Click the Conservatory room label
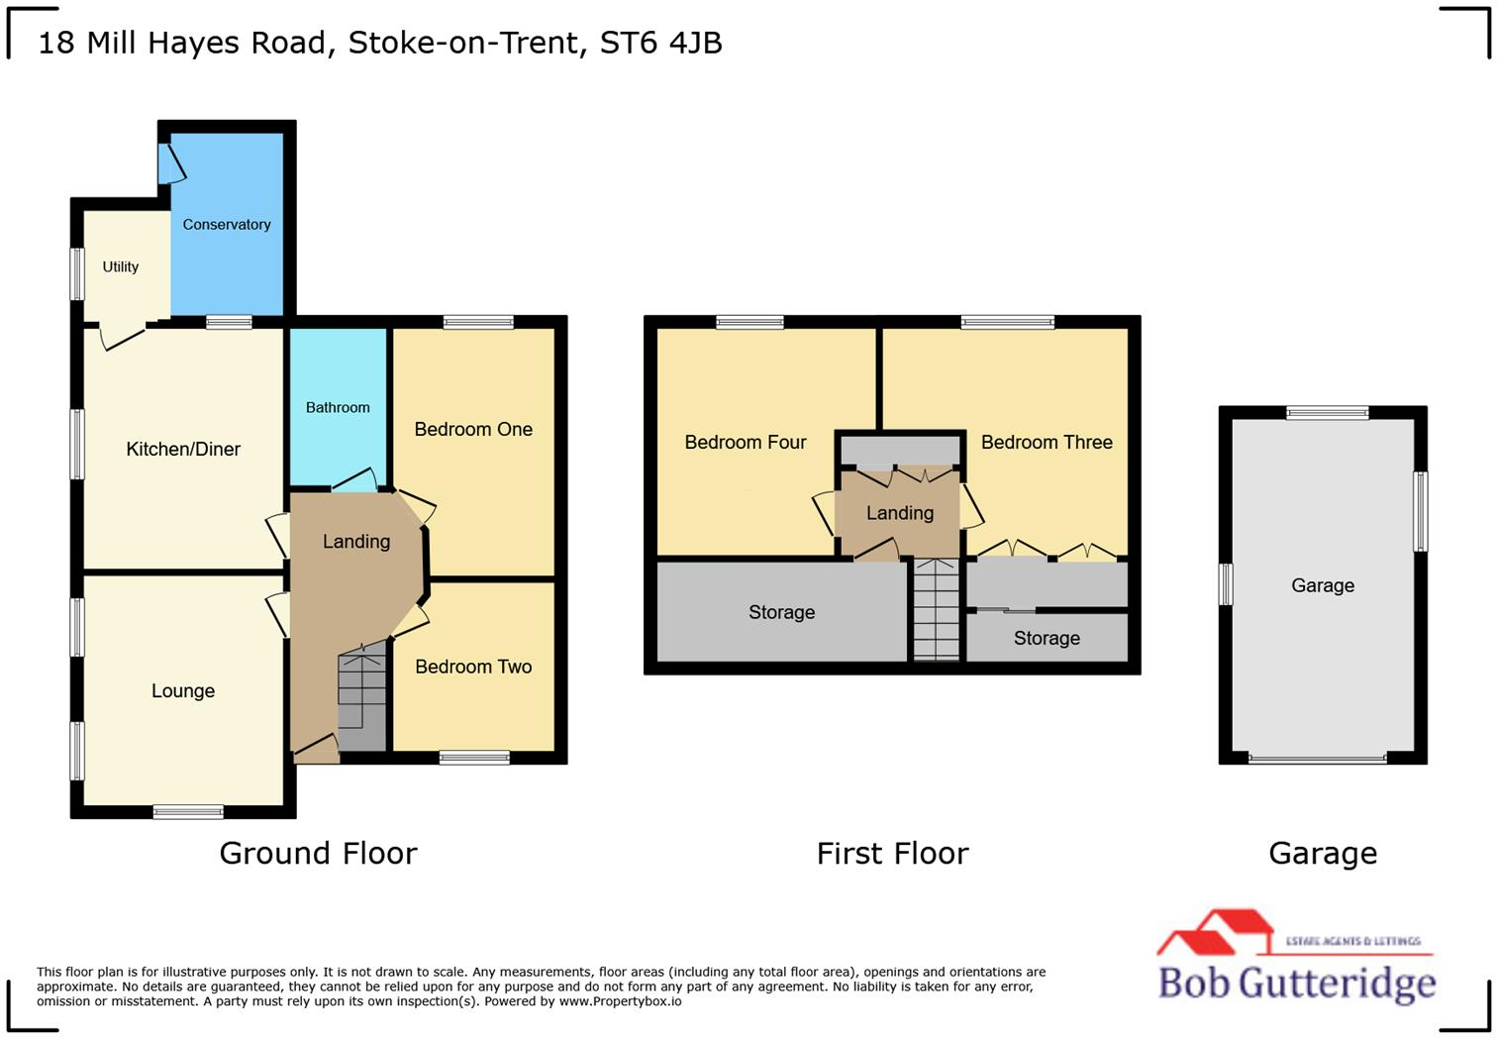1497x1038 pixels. [227, 225]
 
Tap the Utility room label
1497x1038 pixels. [121, 266]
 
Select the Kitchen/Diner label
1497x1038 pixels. [183, 450]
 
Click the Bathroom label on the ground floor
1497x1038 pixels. [338, 407]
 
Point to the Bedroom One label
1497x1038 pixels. [473, 429]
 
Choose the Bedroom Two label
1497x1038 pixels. [473, 667]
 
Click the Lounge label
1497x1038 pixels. [183, 691]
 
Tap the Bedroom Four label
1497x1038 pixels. [746, 442]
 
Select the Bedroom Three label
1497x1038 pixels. [1047, 442]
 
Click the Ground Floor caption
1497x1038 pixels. [318, 853]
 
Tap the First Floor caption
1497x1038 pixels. [892, 853]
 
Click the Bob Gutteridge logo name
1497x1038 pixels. [1297, 983]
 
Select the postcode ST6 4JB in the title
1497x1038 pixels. [661, 44]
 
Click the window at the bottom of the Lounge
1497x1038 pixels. [188, 812]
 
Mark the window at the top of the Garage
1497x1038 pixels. [1327, 413]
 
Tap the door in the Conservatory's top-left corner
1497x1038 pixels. [170, 163]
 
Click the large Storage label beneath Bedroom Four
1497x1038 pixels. [781, 612]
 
